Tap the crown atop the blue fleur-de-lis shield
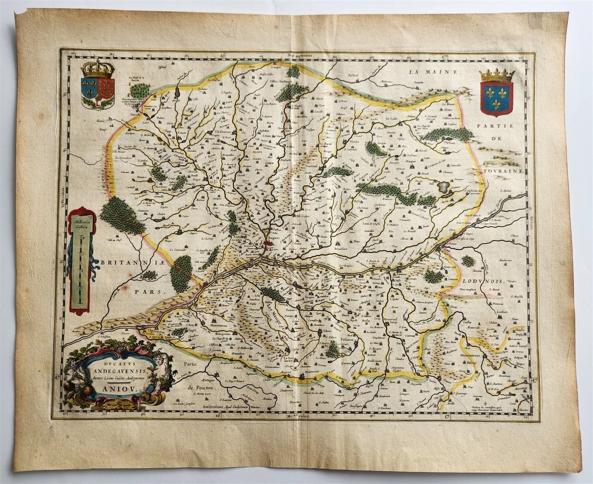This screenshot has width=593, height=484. tap(497, 75)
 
